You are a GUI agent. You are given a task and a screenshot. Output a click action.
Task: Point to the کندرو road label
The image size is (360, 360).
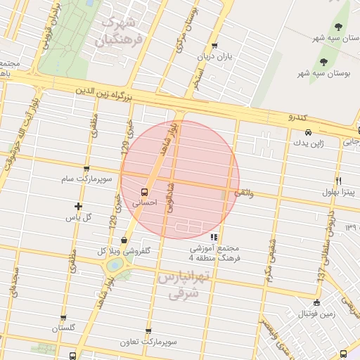[300, 115]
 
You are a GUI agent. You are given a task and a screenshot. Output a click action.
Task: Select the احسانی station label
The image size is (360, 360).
[145, 201]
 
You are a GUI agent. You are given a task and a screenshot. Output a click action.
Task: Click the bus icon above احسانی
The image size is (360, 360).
[145, 191]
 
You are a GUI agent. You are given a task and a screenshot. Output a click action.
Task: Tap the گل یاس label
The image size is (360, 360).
[79, 217]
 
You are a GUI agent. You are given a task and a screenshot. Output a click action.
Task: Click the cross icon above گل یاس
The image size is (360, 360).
[78, 206]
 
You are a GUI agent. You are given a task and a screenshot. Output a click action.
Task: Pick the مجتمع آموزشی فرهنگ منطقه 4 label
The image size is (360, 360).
[214, 253]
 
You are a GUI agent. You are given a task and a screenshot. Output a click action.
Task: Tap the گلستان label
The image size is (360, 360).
[63, 328]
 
